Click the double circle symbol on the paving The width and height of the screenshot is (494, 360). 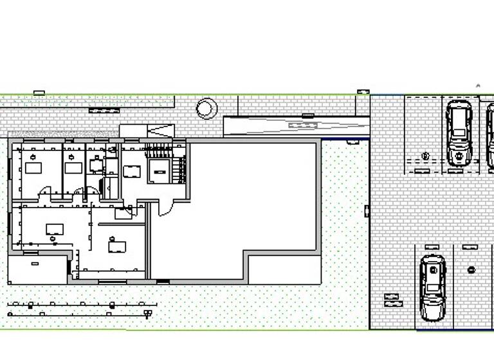(206, 108)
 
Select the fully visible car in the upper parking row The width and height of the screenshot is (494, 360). (459, 132)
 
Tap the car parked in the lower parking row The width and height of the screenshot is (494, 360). (432, 287)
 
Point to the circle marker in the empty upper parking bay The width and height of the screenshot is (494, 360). (425, 156)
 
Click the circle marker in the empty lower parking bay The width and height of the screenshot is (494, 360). (471, 270)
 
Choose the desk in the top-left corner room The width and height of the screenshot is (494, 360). (33, 168)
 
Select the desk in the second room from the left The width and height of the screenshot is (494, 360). (73, 168)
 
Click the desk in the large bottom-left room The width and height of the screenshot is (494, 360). (55, 229)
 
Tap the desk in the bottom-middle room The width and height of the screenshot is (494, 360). (117, 246)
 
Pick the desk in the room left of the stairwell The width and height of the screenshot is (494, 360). (132, 171)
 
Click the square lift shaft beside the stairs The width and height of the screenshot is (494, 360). (158, 170)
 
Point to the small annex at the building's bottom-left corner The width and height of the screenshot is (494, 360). (37, 269)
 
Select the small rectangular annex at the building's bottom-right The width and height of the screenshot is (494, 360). (284, 269)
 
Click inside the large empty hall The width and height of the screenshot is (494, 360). (251, 199)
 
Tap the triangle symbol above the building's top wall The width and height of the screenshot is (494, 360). (161, 130)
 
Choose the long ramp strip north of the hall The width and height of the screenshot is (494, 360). (296, 125)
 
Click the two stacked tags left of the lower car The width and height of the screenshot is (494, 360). (392, 300)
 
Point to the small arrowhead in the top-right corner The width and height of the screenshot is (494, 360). (478, 85)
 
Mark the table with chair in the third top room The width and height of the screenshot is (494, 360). (96, 165)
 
